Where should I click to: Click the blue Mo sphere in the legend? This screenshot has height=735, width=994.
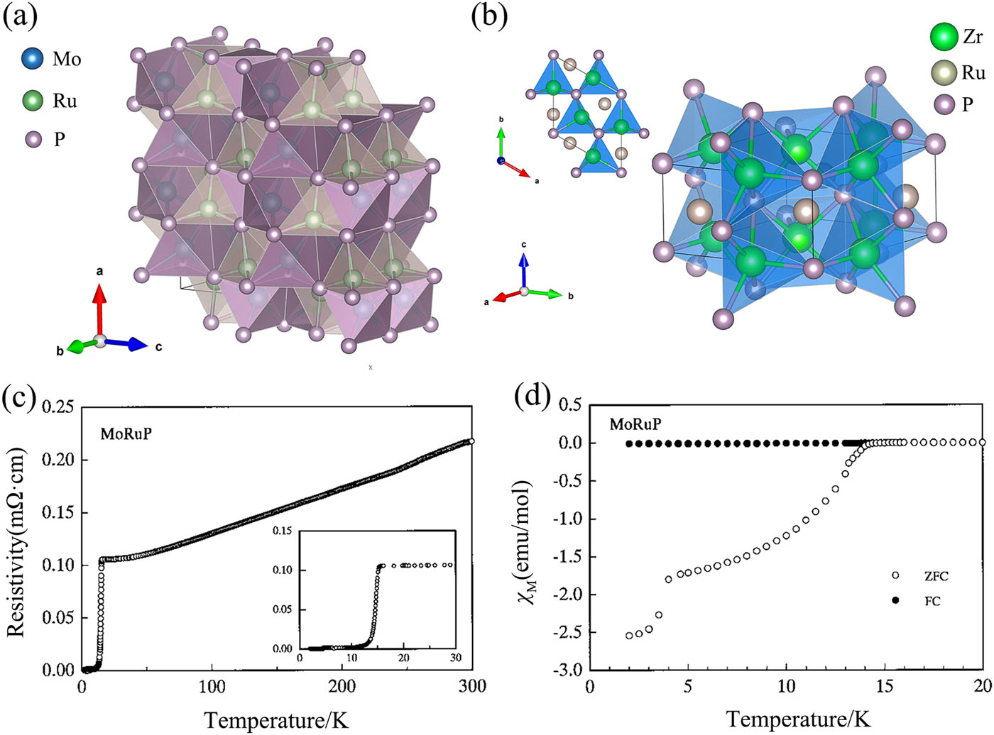point(32,59)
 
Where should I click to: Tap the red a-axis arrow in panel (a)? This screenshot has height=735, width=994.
point(99,309)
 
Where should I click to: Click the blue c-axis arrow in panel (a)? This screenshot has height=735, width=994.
point(128,343)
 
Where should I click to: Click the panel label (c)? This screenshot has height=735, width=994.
point(19,398)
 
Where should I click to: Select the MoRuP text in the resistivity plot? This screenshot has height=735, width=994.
point(126,433)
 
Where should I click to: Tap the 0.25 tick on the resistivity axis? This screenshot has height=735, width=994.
point(57,407)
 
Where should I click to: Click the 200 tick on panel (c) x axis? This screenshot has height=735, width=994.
point(342,686)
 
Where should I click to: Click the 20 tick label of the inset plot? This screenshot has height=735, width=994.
point(403,657)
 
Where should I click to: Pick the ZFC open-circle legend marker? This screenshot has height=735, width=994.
point(895,575)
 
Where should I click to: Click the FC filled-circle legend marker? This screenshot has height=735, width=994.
point(895,600)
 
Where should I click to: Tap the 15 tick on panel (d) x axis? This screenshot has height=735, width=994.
point(885,686)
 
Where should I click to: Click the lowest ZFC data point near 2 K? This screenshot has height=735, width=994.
point(629,635)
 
